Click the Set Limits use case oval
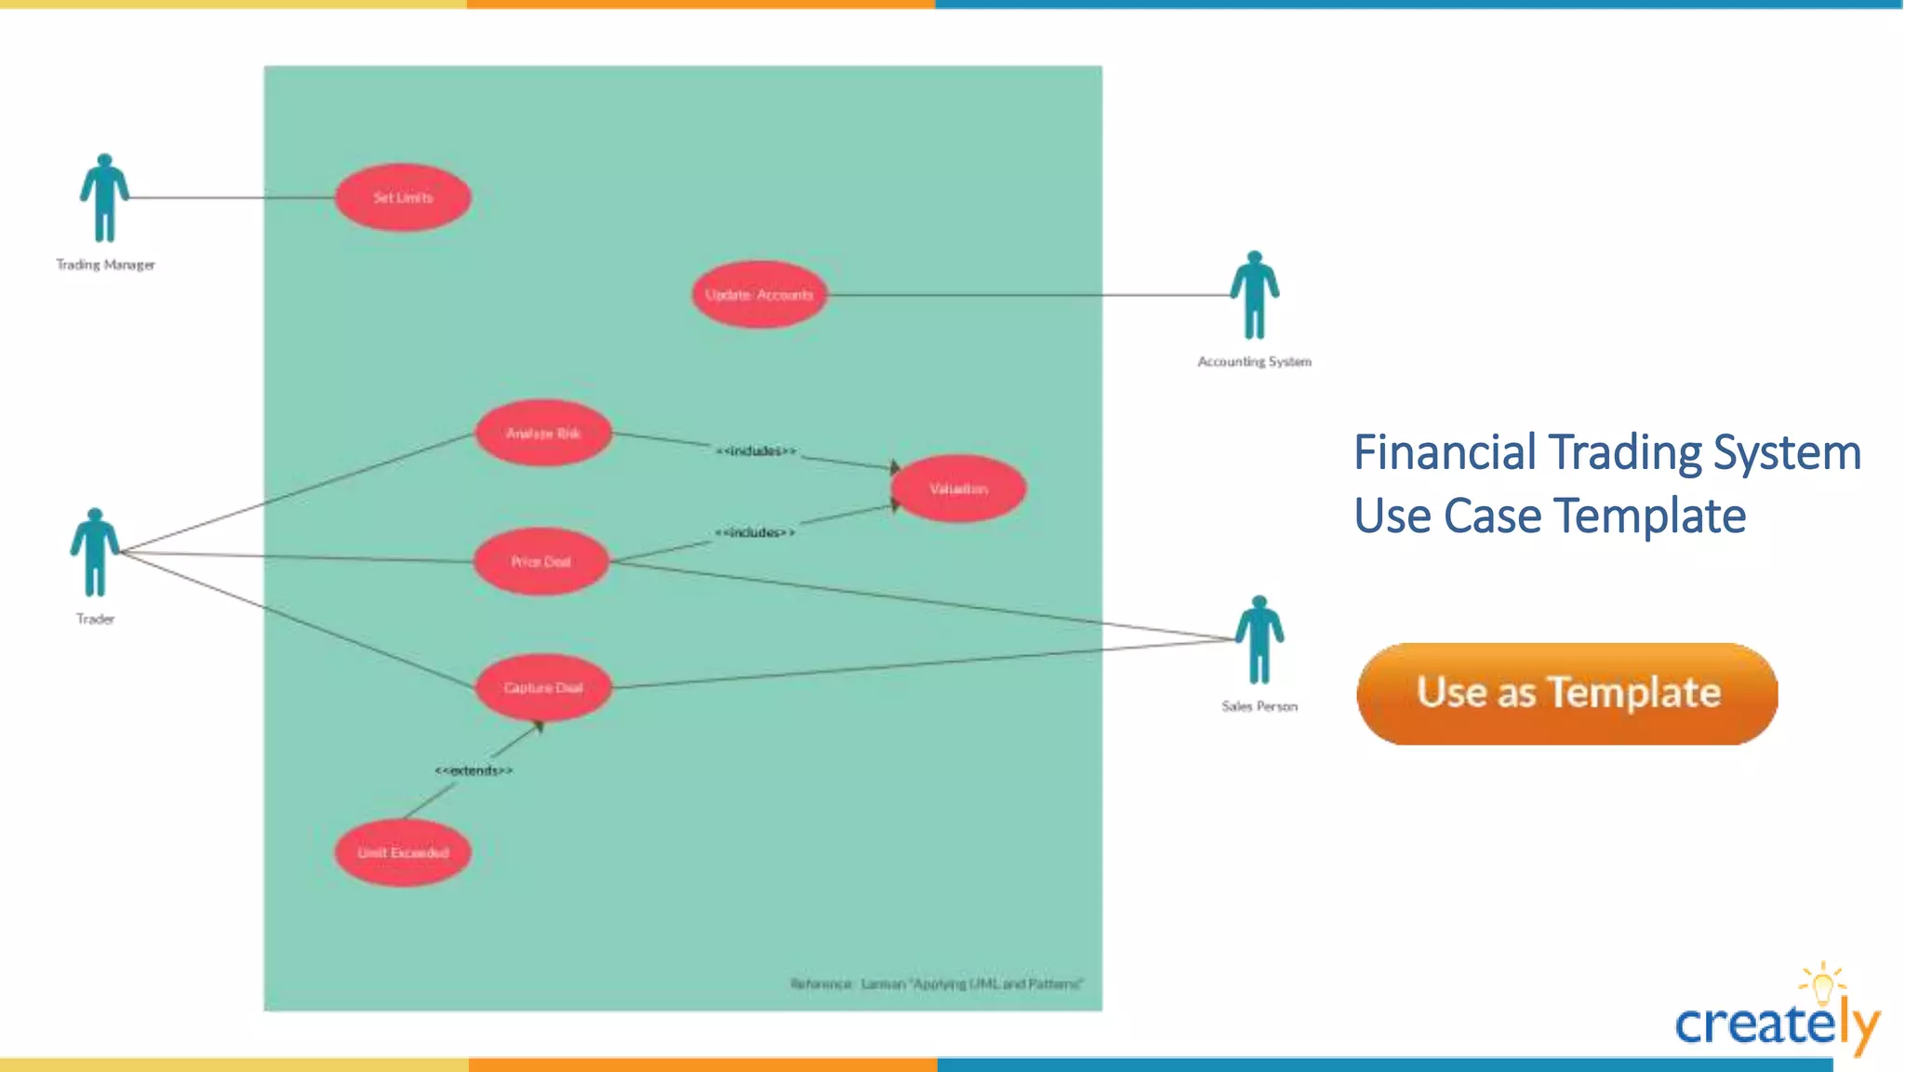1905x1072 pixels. coord(403,197)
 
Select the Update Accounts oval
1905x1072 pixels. coord(759,294)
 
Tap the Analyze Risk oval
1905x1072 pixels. coord(543,433)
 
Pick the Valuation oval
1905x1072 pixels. coord(958,489)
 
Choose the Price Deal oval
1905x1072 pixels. coord(540,561)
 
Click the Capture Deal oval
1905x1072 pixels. coord(543,688)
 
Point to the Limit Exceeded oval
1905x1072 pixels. coord(403,852)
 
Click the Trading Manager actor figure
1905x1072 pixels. coord(104,198)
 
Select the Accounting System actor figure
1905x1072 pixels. coord(1255,295)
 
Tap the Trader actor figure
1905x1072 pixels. coord(95,553)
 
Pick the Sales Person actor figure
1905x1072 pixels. coord(1259,640)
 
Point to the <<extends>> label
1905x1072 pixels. coord(473,770)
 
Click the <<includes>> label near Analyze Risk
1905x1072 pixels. coord(755,451)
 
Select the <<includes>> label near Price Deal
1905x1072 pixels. coord(754,532)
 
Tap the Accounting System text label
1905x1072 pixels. coord(1254,362)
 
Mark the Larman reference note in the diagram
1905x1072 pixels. coord(936,984)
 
